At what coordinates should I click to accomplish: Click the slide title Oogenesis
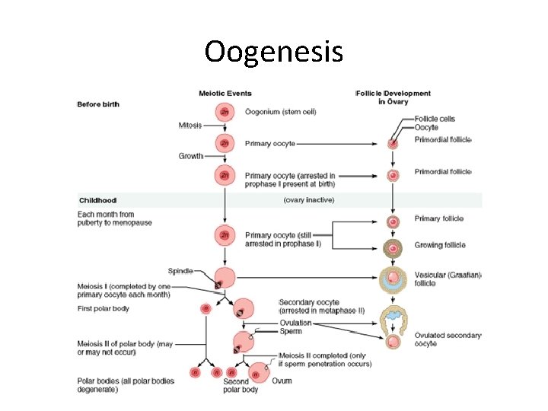point(273,52)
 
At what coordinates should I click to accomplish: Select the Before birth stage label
point(98,104)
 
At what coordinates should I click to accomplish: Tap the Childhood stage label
point(100,200)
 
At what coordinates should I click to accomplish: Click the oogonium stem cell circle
point(225,112)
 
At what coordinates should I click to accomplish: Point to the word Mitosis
point(190,126)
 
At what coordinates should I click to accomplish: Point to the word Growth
point(191,156)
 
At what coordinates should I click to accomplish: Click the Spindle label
point(180,270)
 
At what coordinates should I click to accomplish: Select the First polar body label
point(104,308)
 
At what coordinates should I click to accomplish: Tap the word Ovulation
point(295,323)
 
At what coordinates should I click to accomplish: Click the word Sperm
point(289,332)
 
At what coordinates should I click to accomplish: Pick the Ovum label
point(282,381)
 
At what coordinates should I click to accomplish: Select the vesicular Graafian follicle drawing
point(393,279)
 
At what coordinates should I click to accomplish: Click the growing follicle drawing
point(393,248)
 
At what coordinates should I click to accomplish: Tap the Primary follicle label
point(438,219)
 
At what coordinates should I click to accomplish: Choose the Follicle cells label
point(435,119)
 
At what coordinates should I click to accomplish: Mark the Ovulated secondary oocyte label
point(448,339)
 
